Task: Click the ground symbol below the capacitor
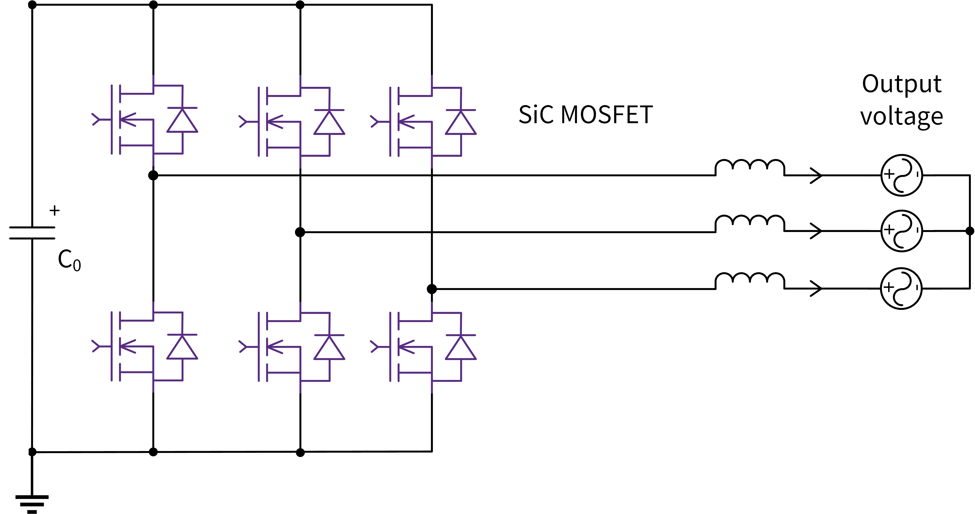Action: pyautogui.click(x=32, y=503)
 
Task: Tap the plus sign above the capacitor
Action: pyautogui.click(x=54, y=210)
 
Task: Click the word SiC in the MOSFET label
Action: pyautogui.click(x=536, y=115)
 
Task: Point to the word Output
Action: pyautogui.click(x=902, y=84)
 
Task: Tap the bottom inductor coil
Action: pyautogui.click(x=749, y=280)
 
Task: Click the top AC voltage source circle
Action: pyautogui.click(x=902, y=175)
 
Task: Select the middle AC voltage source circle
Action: pyautogui.click(x=902, y=231)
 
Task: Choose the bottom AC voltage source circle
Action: pyautogui.click(x=902, y=288)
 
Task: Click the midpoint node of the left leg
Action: pyautogui.click(x=153, y=175)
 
